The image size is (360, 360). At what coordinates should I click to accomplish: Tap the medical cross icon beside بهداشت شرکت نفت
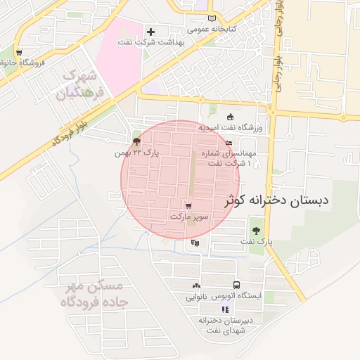150,32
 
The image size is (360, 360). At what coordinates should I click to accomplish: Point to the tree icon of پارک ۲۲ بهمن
136,141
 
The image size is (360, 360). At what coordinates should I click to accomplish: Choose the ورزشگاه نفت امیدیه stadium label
229,128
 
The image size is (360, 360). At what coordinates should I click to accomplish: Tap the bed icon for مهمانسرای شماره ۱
229,143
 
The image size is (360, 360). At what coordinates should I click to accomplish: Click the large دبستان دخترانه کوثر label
276,200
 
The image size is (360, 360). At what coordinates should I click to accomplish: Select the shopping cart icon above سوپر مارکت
188,205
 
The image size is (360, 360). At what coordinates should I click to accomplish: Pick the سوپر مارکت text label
188,217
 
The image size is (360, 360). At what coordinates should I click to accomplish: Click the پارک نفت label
255,241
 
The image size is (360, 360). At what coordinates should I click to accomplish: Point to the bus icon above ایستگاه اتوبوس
236,285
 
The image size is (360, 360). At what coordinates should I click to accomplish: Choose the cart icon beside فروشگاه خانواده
18,52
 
